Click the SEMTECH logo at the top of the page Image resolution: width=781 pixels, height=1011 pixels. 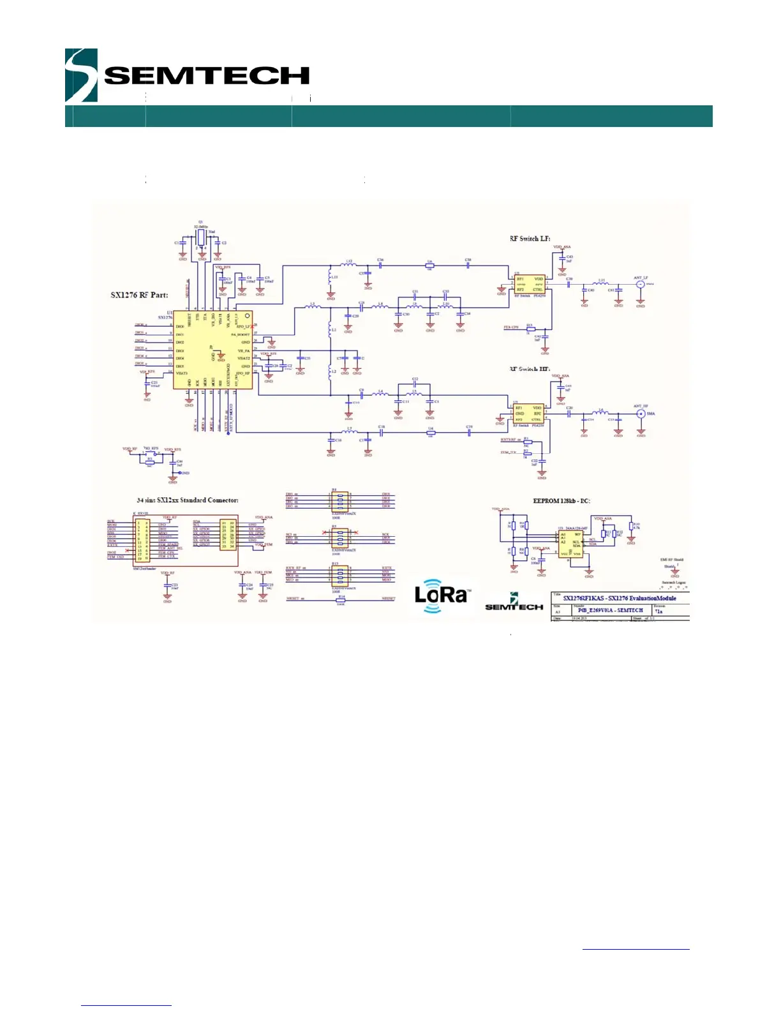[x=186, y=75]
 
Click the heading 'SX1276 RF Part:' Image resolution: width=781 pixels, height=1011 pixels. [x=140, y=295]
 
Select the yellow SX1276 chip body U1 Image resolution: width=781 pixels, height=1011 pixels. [x=212, y=348]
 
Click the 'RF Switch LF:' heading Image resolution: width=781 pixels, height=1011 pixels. [x=530, y=239]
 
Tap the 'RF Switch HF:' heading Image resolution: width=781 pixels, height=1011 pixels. [x=530, y=369]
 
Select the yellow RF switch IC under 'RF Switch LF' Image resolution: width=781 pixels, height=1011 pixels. [x=529, y=284]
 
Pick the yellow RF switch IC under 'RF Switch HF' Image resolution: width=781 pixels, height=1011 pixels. [x=529, y=414]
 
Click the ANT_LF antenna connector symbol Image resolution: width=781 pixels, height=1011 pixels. [x=641, y=284]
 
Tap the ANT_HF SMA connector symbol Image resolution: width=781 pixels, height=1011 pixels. [x=641, y=414]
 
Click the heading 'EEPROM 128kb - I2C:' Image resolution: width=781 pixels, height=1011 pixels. [x=562, y=501]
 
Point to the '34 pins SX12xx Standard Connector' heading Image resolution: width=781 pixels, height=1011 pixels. [x=188, y=500]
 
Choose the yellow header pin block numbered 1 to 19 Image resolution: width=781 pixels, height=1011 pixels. [x=142, y=540]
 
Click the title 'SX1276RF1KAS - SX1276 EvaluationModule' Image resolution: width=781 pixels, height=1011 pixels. [x=619, y=598]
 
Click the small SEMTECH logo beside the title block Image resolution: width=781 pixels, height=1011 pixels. [x=514, y=604]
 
